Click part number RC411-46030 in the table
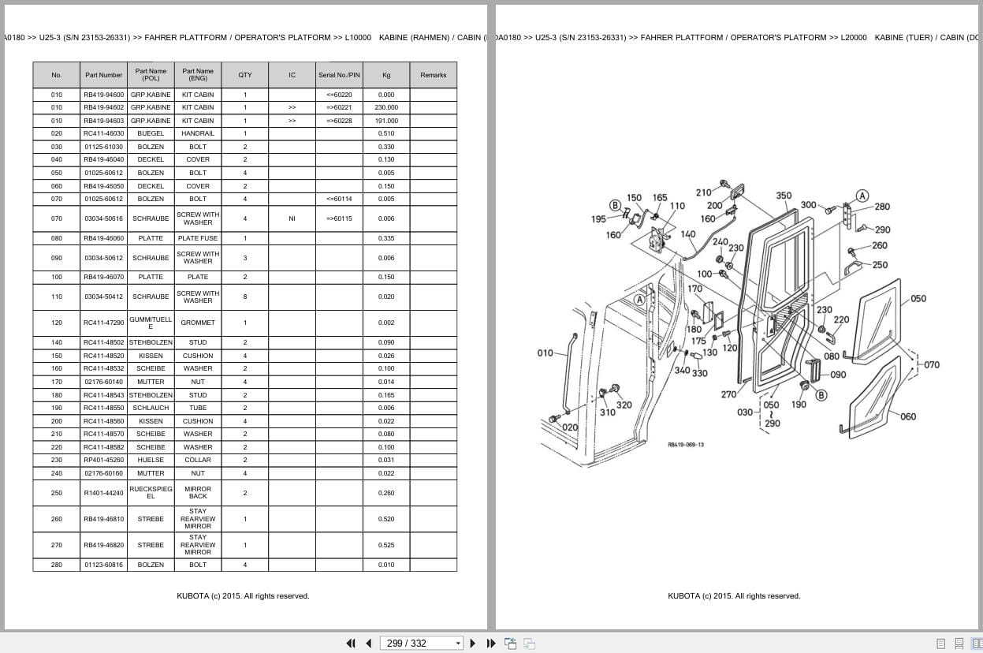103,133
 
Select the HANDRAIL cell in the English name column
198,133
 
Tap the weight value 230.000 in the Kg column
386,107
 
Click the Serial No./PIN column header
339,75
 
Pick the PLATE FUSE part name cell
198,238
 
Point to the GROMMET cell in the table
198,323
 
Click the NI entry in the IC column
292,218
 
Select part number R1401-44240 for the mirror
103,493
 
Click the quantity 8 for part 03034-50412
244,297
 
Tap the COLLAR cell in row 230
198,460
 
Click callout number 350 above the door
784,196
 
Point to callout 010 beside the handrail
545,353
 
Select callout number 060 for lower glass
908,416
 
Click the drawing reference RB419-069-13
686,445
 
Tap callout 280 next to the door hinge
882,207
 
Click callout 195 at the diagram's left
598,219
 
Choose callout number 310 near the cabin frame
607,412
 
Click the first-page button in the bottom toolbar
351,643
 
